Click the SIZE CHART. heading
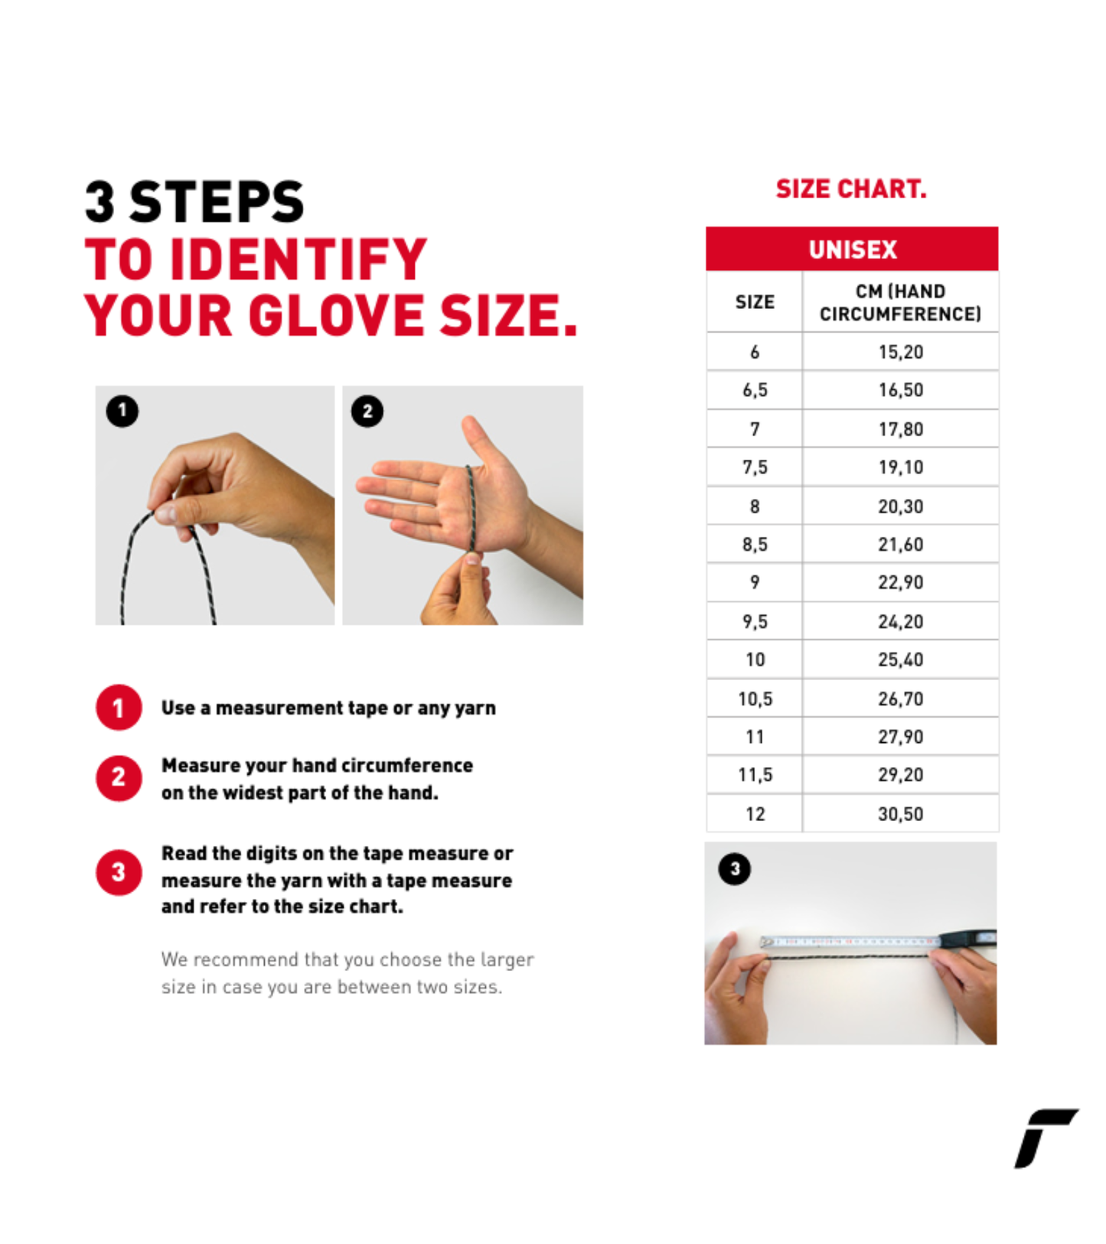851,189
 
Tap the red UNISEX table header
852,249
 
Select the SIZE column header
755,302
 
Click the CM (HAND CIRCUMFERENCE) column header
900,302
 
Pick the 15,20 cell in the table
900,352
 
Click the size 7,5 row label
755,467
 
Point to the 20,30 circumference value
900,506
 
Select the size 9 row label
755,582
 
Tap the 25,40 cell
900,659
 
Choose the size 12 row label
755,813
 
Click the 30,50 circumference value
900,813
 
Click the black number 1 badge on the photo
122,411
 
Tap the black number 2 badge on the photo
367,412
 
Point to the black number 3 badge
735,868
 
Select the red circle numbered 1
119,708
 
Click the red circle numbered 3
119,871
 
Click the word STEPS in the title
217,202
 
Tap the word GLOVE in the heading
336,315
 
